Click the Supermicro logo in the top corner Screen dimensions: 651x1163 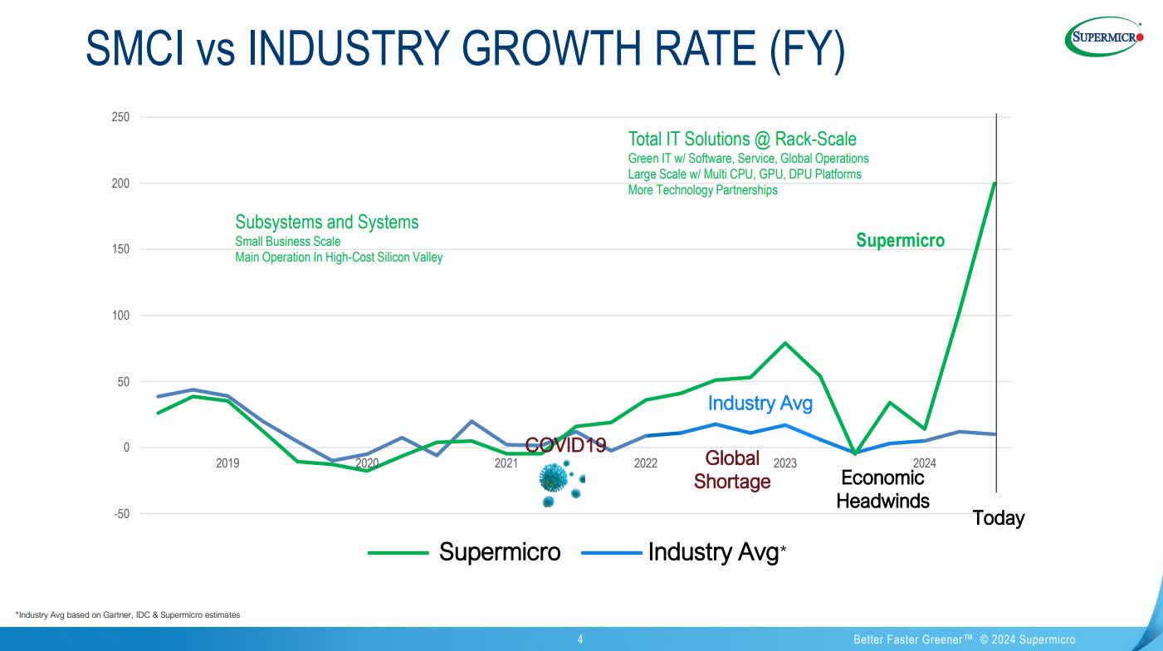pyautogui.click(x=1104, y=37)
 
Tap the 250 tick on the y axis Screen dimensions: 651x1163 pyautogui.click(x=120, y=117)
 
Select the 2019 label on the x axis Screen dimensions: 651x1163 pyautogui.click(x=227, y=463)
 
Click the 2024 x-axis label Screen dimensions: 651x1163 pyautogui.click(x=924, y=463)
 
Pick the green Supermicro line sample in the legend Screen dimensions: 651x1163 pyautogui.click(x=398, y=552)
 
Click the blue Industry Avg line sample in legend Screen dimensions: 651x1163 pyautogui.click(x=611, y=552)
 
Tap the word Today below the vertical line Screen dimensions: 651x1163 pyautogui.click(x=999, y=518)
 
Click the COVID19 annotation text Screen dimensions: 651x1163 pyautogui.click(x=565, y=446)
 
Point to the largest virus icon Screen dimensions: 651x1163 pyautogui.click(x=553, y=477)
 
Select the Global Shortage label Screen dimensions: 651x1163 pyautogui.click(x=732, y=469)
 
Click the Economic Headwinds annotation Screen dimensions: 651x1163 pyautogui.click(x=882, y=489)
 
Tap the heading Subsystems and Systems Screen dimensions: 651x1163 pyautogui.click(x=327, y=222)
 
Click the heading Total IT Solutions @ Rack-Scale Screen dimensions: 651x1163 pyautogui.click(x=741, y=139)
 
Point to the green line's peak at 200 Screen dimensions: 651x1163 pyautogui.click(x=994, y=184)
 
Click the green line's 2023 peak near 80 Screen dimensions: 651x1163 pyautogui.click(x=785, y=343)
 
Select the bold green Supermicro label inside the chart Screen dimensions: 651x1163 pyautogui.click(x=900, y=241)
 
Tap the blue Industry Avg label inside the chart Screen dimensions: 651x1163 pyautogui.click(x=760, y=404)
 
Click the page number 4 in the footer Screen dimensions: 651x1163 pyautogui.click(x=580, y=639)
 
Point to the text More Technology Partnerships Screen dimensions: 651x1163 pyautogui.click(x=702, y=190)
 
